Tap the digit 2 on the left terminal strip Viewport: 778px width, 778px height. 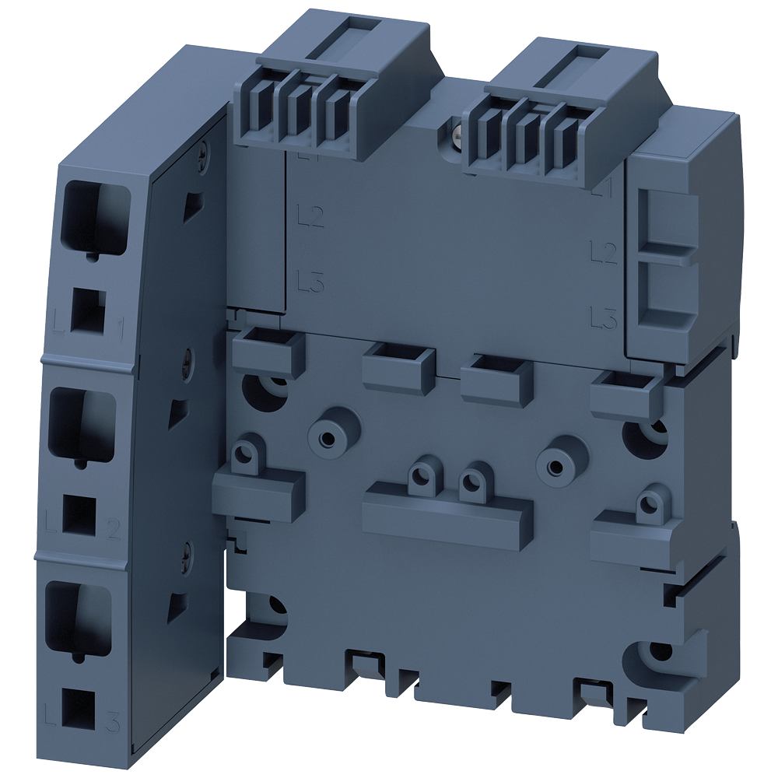(x=113, y=531)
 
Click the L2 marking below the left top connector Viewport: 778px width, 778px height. (x=310, y=217)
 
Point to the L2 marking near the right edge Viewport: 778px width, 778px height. (x=604, y=251)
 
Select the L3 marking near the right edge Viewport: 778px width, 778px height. (x=604, y=317)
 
